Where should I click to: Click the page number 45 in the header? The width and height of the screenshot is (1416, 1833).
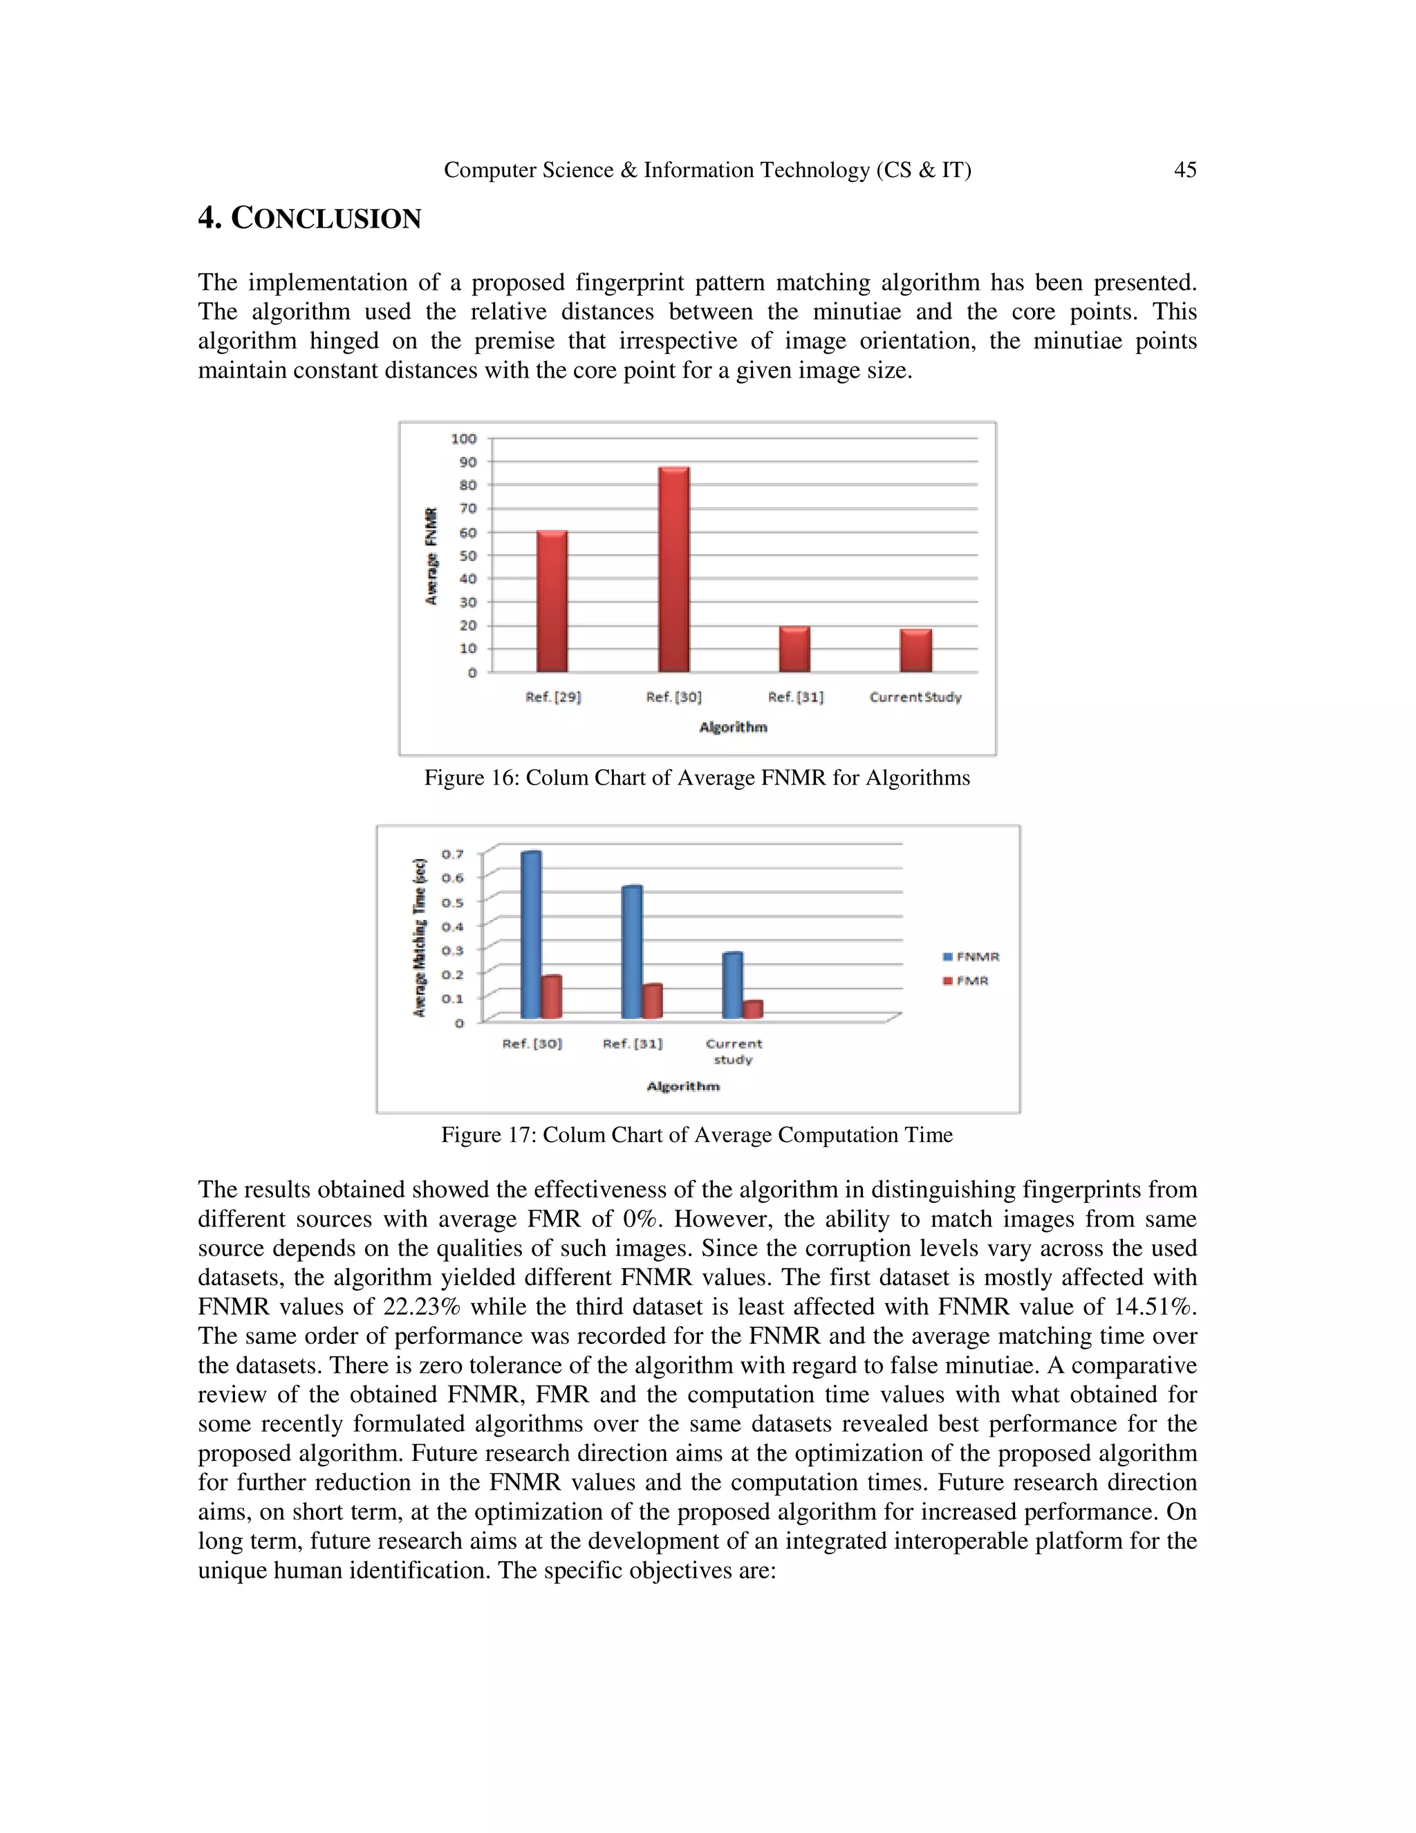[1184, 170]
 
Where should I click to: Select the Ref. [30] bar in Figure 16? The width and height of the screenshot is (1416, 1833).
[673, 571]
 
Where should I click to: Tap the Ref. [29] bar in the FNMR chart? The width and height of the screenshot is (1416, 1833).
[552, 601]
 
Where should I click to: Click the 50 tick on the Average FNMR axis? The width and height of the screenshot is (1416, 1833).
[467, 555]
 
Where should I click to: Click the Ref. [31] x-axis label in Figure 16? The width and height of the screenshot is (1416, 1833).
[795, 697]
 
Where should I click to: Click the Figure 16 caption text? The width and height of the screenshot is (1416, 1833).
[696, 778]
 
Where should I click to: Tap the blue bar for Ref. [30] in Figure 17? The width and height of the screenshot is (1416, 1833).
[531, 936]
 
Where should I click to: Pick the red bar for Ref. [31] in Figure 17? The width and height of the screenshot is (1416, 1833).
[653, 1002]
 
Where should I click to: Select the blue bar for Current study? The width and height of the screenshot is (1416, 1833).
[732, 986]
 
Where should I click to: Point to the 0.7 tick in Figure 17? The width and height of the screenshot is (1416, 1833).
[453, 854]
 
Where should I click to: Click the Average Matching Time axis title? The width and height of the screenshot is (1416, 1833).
[420, 937]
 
